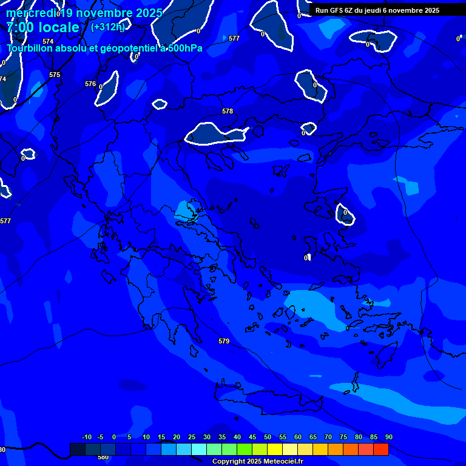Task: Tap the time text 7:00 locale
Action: (42, 27)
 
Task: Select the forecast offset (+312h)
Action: (107, 27)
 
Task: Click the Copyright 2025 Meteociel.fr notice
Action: (257, 462)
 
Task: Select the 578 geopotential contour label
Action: (228, 111)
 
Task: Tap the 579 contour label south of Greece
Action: (224, 342)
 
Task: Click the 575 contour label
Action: (55, 75)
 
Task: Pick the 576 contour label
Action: (90, 84)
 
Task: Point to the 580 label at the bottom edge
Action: (103, 457)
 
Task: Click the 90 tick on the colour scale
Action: (388, 437)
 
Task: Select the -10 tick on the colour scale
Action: (87, 437)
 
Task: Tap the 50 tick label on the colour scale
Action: (268, 437)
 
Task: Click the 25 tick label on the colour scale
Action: (192, 437)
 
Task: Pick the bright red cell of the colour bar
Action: (381, 449)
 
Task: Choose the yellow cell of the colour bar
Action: (275, 449)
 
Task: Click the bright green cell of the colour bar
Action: (245, 449)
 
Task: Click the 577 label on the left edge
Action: (5, 221)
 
